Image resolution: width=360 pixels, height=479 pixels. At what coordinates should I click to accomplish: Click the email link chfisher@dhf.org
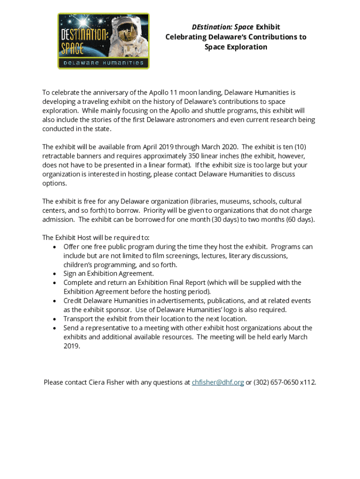pos(218,382)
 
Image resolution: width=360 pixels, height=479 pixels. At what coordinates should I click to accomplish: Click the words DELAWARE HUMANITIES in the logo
pos(103,63)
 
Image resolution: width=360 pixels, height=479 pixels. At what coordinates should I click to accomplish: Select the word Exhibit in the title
pos(268,27)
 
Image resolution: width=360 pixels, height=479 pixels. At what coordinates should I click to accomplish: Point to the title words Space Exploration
pos(236,47)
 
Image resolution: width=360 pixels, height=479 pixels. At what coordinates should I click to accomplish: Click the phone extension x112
pos(308,382)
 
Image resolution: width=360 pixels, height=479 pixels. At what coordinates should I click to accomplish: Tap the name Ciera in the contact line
pos(98,382)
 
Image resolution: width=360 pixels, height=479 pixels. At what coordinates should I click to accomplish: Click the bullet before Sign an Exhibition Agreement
pos(56,274)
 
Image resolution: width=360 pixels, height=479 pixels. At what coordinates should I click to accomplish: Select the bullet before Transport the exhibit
pos(56,319)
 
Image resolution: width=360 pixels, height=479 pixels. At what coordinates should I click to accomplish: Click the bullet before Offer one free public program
pos(56,247)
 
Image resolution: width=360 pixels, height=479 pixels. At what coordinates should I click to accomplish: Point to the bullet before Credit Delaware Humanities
pos(56,301)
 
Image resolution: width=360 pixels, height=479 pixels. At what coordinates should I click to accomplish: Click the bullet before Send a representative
pos(56,328)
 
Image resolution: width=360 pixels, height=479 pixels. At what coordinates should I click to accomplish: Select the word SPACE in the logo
pos(72,48)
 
